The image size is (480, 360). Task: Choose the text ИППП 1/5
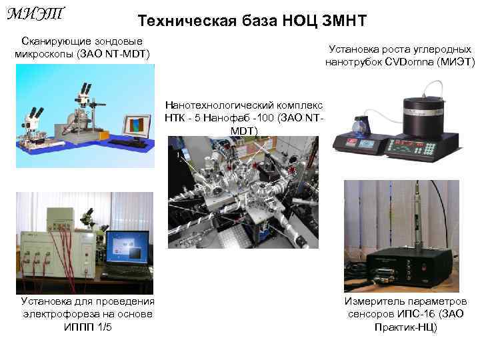(x=88, y=327)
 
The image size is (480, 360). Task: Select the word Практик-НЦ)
(x=406, y=327)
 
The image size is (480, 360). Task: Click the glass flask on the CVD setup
(x=365, y=124)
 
